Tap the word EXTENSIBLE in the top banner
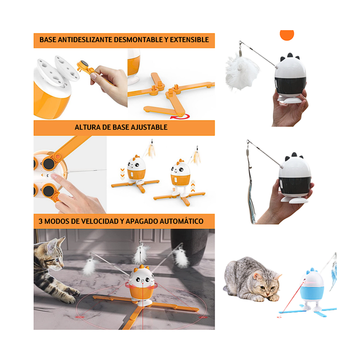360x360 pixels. click(189, 40)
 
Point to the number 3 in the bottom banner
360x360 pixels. click(40, 221)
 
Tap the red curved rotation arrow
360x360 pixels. click(180, 117)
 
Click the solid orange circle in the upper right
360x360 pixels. click(287, 35)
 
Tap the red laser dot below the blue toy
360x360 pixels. click(279, 317)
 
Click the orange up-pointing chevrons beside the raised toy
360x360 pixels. click(193, 186)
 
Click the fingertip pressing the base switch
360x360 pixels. click(54, 177)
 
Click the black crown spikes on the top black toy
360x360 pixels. click(290, 57)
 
